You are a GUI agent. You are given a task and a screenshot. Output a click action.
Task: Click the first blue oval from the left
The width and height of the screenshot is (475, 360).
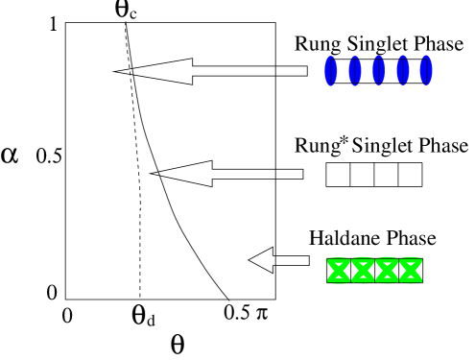(x=331, y=70)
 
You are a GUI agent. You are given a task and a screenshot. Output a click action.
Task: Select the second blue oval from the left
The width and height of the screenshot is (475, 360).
(x=355, y=70)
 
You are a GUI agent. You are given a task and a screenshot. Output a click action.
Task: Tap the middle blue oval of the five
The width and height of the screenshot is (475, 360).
(x=379, y=70)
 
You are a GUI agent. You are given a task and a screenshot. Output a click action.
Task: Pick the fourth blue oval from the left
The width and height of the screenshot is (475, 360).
(x=403, y=70)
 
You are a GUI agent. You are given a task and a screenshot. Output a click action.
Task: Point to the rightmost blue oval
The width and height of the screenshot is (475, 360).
(x=426, y=70)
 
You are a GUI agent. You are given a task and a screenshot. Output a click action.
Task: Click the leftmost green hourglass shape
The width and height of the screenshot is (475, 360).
(x=339, y=271)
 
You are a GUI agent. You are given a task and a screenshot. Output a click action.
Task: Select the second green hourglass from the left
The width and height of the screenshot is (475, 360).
(x=363, y=271)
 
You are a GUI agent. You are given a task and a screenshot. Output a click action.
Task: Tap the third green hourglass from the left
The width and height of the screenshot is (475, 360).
(x=387, y=271)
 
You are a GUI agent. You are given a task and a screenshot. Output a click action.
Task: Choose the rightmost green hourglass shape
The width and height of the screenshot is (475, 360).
(x=411, y=271)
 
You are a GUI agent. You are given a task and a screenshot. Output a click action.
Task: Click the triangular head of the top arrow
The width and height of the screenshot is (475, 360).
(x=168, y=71)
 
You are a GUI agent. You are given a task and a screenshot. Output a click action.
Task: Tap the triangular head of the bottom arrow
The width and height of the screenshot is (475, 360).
(x=264, y=260)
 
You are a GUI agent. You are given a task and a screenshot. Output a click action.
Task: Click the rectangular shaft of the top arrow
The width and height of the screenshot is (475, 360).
(x=240, y=71)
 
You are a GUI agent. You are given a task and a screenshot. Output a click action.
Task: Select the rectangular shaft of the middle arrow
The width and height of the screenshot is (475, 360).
(x=249, y=174)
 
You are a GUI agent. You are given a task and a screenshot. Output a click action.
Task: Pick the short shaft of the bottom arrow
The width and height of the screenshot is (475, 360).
(x=292, y=260)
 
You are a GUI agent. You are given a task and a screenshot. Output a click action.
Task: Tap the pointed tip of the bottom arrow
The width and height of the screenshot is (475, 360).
(x=250, y=260)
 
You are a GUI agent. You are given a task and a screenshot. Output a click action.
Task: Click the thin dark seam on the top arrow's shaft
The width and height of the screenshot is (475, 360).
(x=275, y=71)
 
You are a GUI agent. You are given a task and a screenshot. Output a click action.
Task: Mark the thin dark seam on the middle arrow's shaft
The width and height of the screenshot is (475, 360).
(x=275, y=174)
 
